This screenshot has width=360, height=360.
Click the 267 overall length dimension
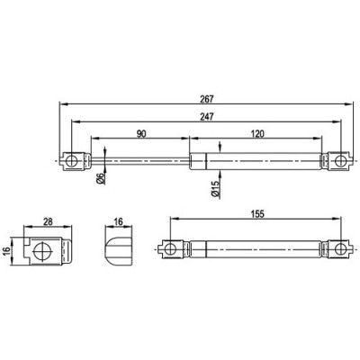206,101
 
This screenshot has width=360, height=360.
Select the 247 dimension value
206,117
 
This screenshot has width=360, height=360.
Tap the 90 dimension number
141,134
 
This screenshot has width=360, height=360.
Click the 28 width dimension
46,220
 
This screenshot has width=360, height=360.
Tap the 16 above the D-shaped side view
119,220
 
